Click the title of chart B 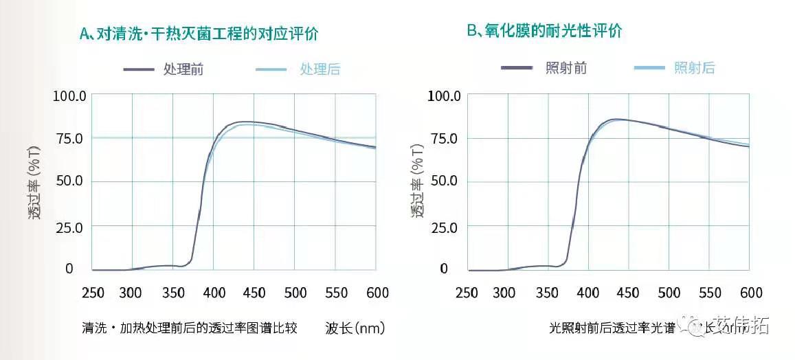tap(545, 31)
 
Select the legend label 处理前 tap(183, 69)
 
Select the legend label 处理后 tap(320, 69)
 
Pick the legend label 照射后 tap(695, 67)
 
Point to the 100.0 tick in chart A tap(69, 95)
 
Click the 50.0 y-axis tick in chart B tap(443, 181)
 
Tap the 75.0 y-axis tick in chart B tap(443, 138)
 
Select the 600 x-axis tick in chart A tap(376, 293)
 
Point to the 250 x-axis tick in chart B tap(467, 293)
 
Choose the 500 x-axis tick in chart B tap(669, 293)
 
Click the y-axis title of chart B tap(418, 181)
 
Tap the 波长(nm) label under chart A tap(355, 328)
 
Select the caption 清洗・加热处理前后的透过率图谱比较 tap(189, 328)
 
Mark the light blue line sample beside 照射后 tap(649, 67)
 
